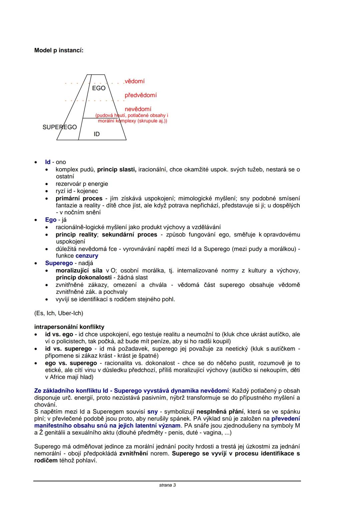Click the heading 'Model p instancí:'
[x=59, y=50]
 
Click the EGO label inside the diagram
[x=99, y=88]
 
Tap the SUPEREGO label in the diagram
[x=60, y=127]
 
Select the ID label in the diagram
[x=97, y=134]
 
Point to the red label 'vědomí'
[x=135, y=81]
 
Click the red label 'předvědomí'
[x=141, y=95]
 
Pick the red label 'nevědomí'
[x=138, y=109]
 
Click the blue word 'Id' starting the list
[x=48, y=162]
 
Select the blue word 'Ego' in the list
[x=51, y=220]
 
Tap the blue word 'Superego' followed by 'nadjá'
[x=59, y=263]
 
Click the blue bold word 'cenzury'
[x=87, y=256]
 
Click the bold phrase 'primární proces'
[x=79, y=198]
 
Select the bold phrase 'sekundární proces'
[x=129, y=234]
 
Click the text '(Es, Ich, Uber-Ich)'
[x=59, y=313]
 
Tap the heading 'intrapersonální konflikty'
[x=69, y=327]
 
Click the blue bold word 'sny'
[x=152, y=412]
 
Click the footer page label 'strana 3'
[x=167, y=485]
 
